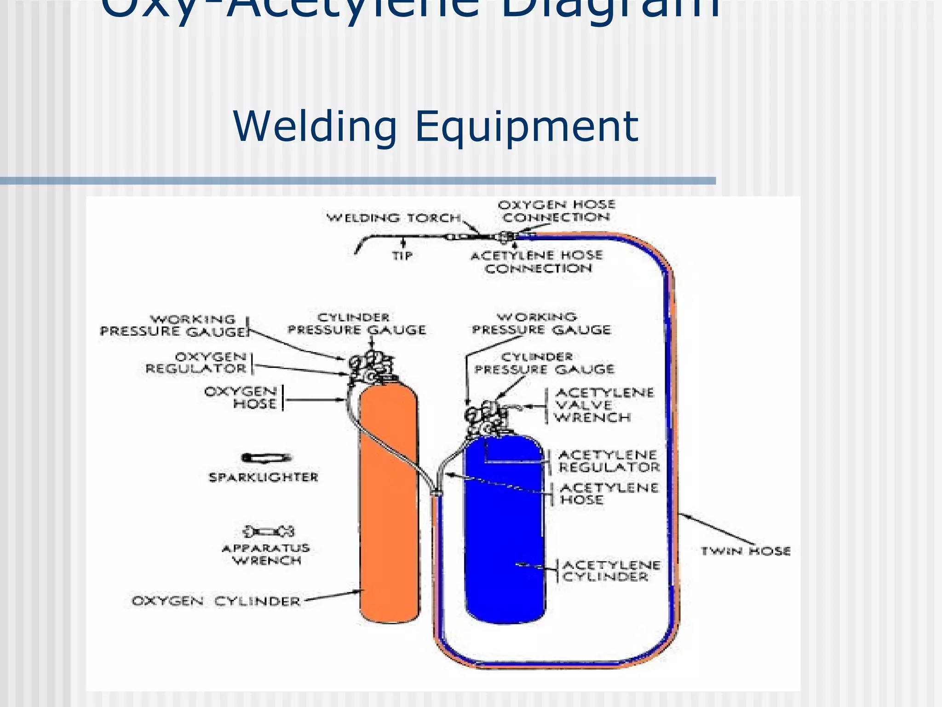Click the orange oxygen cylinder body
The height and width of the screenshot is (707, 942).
389,506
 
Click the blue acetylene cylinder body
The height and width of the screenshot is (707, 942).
505,529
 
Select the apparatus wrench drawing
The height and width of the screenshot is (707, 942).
269,532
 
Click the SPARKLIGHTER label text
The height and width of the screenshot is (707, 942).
264,477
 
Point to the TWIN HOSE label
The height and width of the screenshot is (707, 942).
745,551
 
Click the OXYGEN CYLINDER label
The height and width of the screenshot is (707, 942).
216,601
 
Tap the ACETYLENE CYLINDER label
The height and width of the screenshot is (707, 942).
611,571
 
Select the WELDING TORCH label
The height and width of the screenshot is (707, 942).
394,218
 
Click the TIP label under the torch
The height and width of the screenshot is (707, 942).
402,256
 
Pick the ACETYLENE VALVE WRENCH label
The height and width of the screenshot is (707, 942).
603,405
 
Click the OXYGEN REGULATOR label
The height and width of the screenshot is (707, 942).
196,363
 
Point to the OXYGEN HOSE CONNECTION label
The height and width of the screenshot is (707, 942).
556,211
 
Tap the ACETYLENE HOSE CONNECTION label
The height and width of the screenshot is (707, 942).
537,261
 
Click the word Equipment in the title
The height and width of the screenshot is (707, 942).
526,127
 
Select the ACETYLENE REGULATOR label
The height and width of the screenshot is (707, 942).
609,461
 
